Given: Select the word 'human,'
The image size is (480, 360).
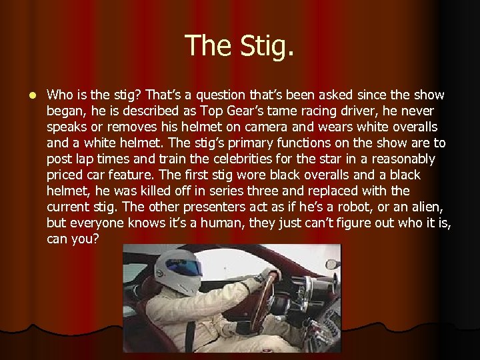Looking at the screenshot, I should pos(223,223).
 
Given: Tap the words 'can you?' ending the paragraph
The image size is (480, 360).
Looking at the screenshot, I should pos(73,239).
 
